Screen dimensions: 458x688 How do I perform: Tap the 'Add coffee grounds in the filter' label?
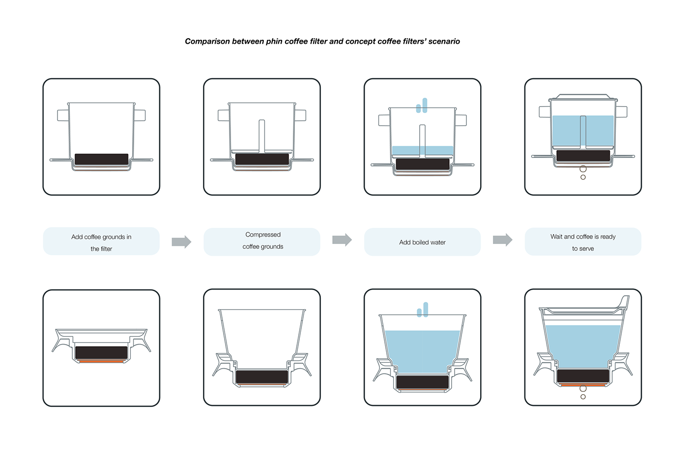click(x=101, y=242)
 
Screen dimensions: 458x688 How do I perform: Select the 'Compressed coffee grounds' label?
click(x=262, y=241)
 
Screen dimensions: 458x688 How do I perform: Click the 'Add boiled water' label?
click(x=422, y=242)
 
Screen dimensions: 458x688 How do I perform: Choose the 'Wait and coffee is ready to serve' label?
click(x=583, y=242)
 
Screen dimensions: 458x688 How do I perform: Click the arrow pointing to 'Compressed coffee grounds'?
click(x=181, y=242)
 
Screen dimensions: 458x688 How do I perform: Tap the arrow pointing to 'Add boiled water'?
click(x=342, y=240)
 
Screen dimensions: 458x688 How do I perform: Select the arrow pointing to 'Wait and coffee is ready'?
click(x=502, y=240)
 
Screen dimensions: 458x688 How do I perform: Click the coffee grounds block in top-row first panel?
click(x=101, y=159)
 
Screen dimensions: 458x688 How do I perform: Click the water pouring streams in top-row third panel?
click(x=422, y=106)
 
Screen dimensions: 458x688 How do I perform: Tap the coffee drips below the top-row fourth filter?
click(x=583, y=172)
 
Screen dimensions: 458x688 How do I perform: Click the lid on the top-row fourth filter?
click(x=583, y=97)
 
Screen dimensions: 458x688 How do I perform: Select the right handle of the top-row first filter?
click(x=140, y=115)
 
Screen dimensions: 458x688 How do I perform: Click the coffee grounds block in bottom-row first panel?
click(x=101, y=352)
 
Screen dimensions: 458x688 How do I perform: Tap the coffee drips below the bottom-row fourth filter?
click(x=583, y=392)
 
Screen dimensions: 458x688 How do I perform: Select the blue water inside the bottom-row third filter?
click(x=422, y=351)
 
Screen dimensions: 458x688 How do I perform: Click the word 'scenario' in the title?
click(x=444, y=42)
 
